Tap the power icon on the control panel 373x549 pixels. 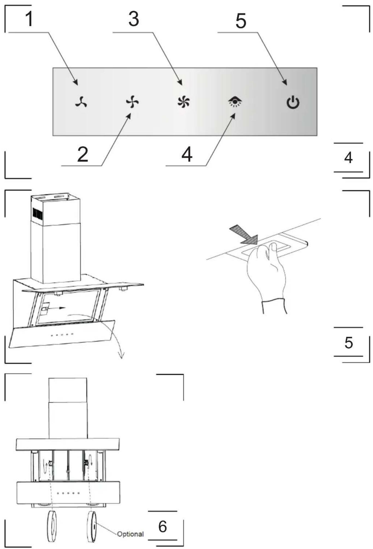pos(293,102)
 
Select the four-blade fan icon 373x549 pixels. pos(132,102)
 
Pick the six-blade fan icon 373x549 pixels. pos(183,102)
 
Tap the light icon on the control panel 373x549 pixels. pos(235,102)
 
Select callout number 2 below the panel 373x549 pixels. pos(83,154)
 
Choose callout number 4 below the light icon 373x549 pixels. pos(187,154)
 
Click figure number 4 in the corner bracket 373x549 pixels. pos(348,157)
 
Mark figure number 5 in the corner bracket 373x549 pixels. pos(348,342)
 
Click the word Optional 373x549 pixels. pos(130,534)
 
